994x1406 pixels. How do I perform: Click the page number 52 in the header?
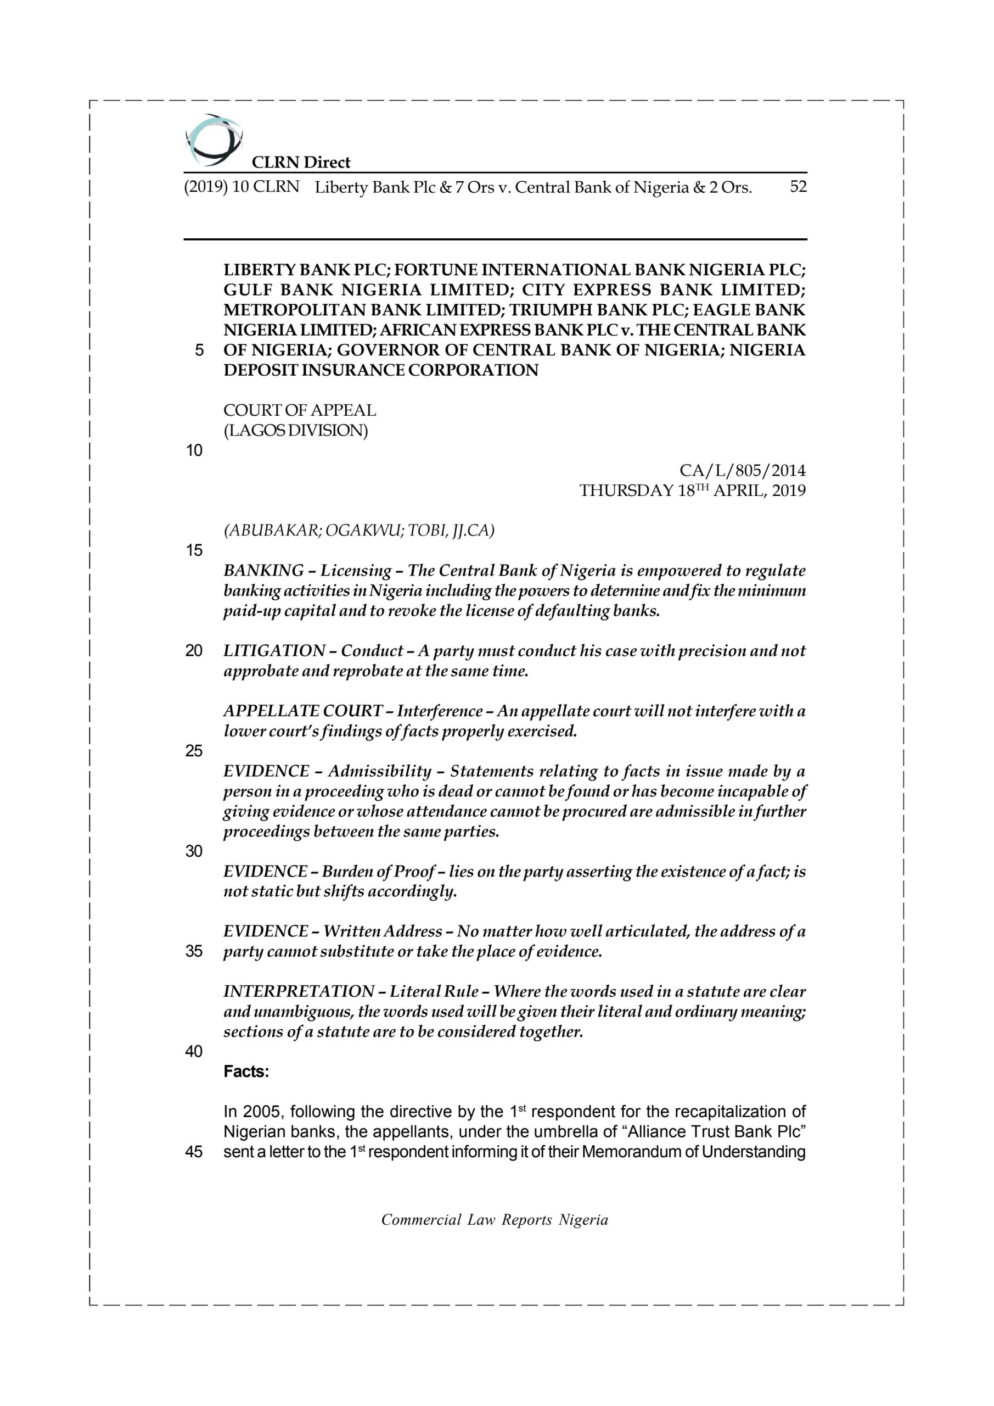[798, 187]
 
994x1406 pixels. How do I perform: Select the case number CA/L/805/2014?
[743, 471]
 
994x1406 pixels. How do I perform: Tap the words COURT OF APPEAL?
[299, 410]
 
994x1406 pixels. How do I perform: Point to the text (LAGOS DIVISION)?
[296, 431]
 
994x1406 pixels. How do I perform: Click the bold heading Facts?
[246, 1072]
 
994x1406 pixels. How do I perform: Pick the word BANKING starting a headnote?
[263, 571]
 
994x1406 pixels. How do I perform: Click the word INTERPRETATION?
[299, 991]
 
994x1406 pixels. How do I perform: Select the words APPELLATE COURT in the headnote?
[302, 711]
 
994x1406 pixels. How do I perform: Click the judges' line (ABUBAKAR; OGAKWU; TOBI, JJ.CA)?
[358, 531]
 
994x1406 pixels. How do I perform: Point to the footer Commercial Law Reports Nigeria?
[495, 1220]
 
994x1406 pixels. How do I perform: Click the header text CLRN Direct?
[301, 162]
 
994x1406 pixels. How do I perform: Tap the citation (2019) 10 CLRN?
[242, 187]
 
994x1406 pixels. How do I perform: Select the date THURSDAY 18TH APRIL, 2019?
[692, 491]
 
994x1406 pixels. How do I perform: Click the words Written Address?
[383, 931]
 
